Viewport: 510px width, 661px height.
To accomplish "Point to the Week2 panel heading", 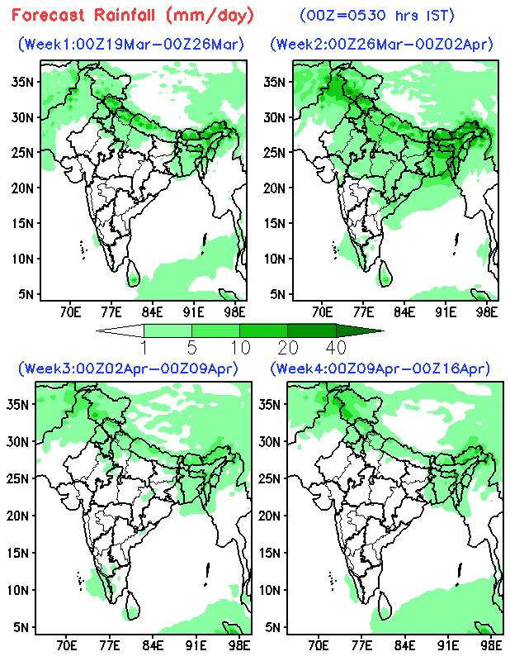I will click(x=381, y=45).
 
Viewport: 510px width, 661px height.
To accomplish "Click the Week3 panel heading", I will click(x=130, y=368).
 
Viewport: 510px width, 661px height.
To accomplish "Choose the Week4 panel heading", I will click(x=381, y=368).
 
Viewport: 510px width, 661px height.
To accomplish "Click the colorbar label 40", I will click(x=335, y=345).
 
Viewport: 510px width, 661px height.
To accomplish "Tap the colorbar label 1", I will click(x=144, y=345).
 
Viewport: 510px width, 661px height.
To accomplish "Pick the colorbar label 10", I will click(x=239, y=345).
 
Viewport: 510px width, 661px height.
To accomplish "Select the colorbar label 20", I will click(x=287, y=345).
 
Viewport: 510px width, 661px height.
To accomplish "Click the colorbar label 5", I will click(x=192, y=345).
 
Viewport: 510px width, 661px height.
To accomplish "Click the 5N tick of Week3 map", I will click(x=22, y=627).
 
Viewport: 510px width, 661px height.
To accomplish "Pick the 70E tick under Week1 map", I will click(x=70, y=311).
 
